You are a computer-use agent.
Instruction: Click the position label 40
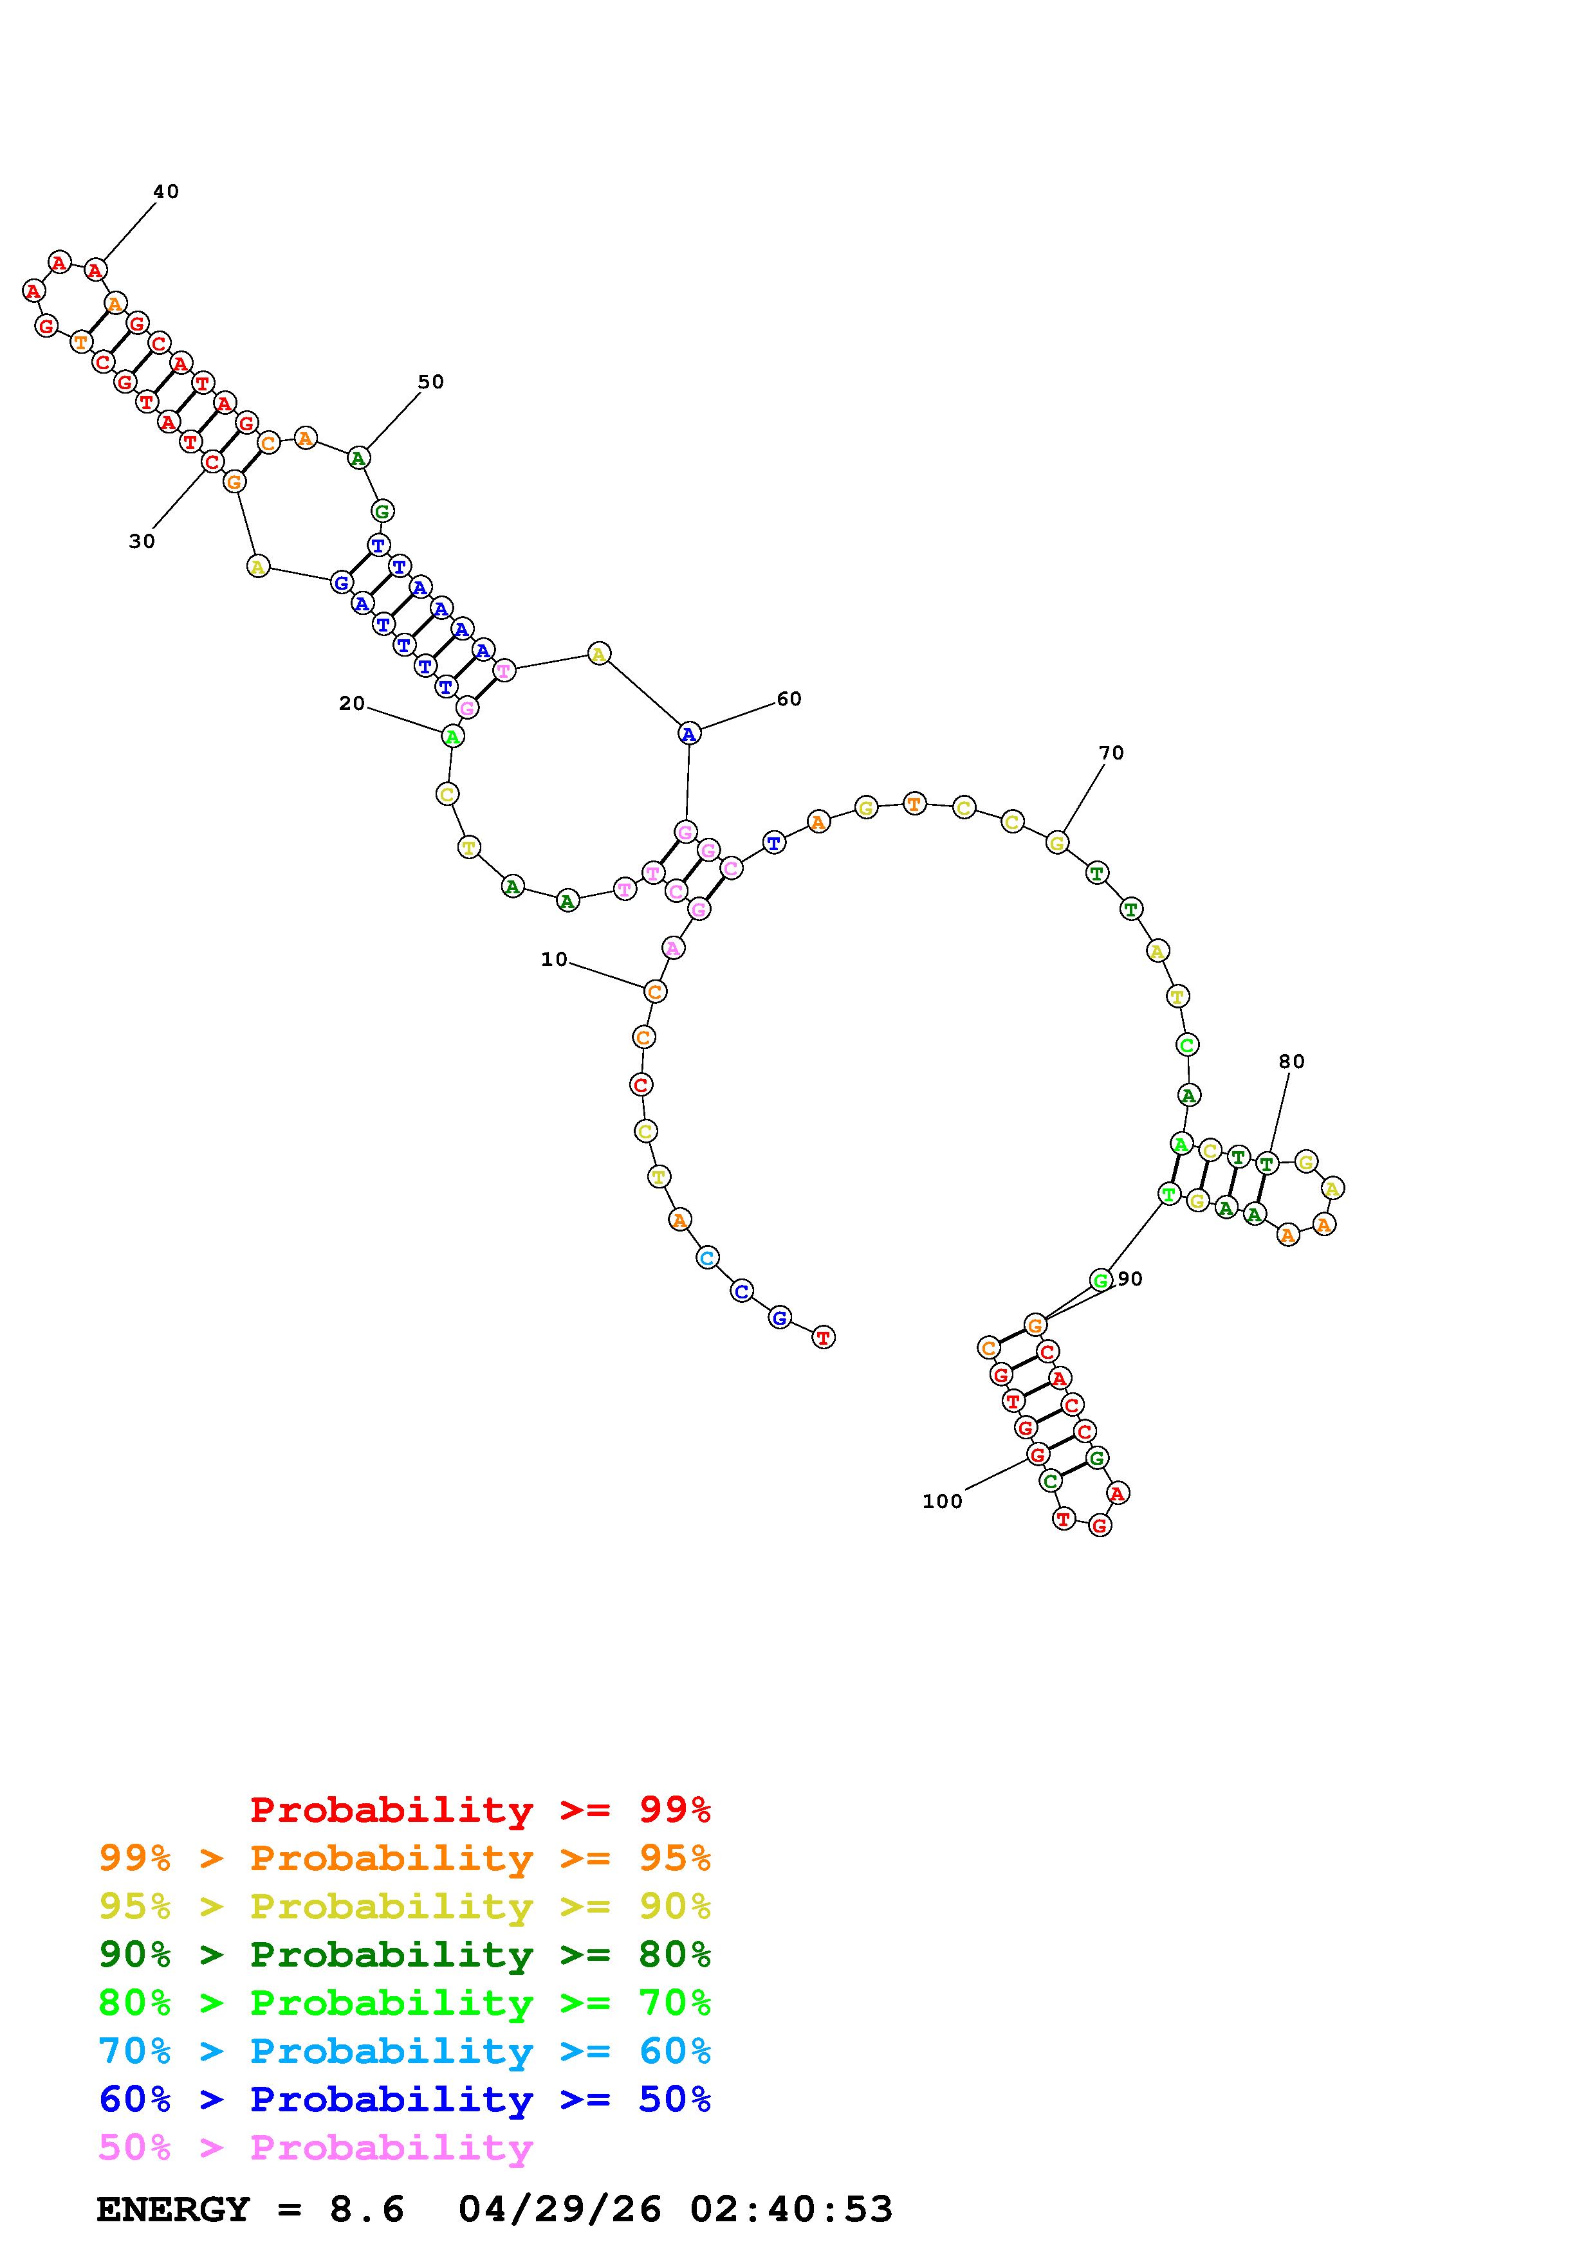click(x=166, y=192)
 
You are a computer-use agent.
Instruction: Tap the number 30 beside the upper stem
click(x=142, y=541)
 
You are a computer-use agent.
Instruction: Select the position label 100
click(x=943, y=1502)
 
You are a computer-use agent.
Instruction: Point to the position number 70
click(x=1112, y=752)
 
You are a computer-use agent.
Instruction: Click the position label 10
click(x=554, y=959)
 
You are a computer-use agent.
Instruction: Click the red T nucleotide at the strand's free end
click(x=824, y=1336)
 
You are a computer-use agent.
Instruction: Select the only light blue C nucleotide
click(x=706, y=1258)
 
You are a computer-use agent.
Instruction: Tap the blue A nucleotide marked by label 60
click(x=689, y=733)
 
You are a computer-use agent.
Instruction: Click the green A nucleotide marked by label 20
click(x=451, y=736)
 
